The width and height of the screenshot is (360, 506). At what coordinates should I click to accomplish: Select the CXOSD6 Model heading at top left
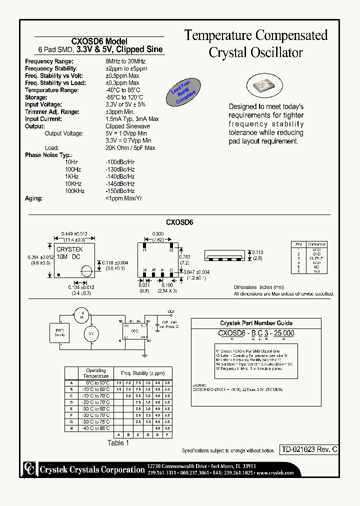100,41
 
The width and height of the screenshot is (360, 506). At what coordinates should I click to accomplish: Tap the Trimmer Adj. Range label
52,112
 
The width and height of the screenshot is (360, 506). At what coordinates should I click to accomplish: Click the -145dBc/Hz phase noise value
120,184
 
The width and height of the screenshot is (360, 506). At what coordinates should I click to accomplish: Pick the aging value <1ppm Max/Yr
124,198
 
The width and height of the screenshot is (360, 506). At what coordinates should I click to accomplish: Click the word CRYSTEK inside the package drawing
69,249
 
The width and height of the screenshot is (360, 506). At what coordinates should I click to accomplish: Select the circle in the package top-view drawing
86,271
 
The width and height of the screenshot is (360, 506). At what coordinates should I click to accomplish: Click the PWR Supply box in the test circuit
59,332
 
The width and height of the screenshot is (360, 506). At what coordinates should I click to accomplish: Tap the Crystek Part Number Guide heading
256,323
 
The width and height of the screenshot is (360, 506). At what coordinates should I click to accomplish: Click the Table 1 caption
118,443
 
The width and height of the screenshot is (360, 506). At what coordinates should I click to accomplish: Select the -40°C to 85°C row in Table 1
96,428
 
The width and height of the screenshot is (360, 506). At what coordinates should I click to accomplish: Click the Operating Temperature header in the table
96,373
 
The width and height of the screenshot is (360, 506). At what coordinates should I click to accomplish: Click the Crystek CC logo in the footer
29,469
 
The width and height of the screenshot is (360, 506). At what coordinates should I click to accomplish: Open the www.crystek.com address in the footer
275,472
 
